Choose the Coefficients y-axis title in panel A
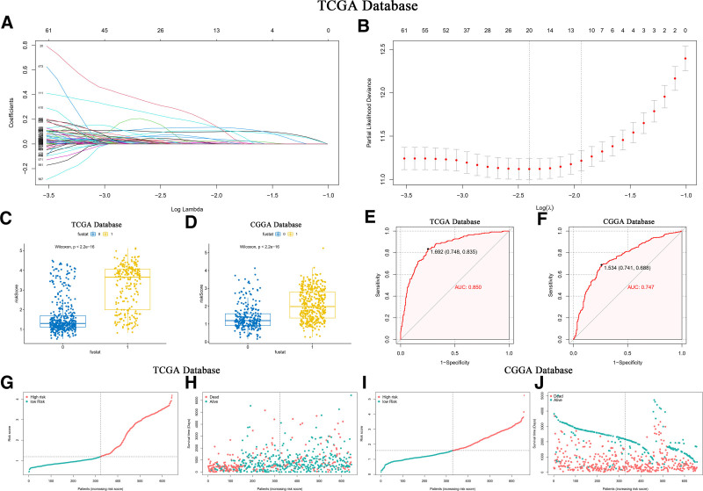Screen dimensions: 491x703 [11, 107]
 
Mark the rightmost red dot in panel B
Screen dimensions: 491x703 [685, 59]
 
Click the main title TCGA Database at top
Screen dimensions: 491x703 [351, 8]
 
